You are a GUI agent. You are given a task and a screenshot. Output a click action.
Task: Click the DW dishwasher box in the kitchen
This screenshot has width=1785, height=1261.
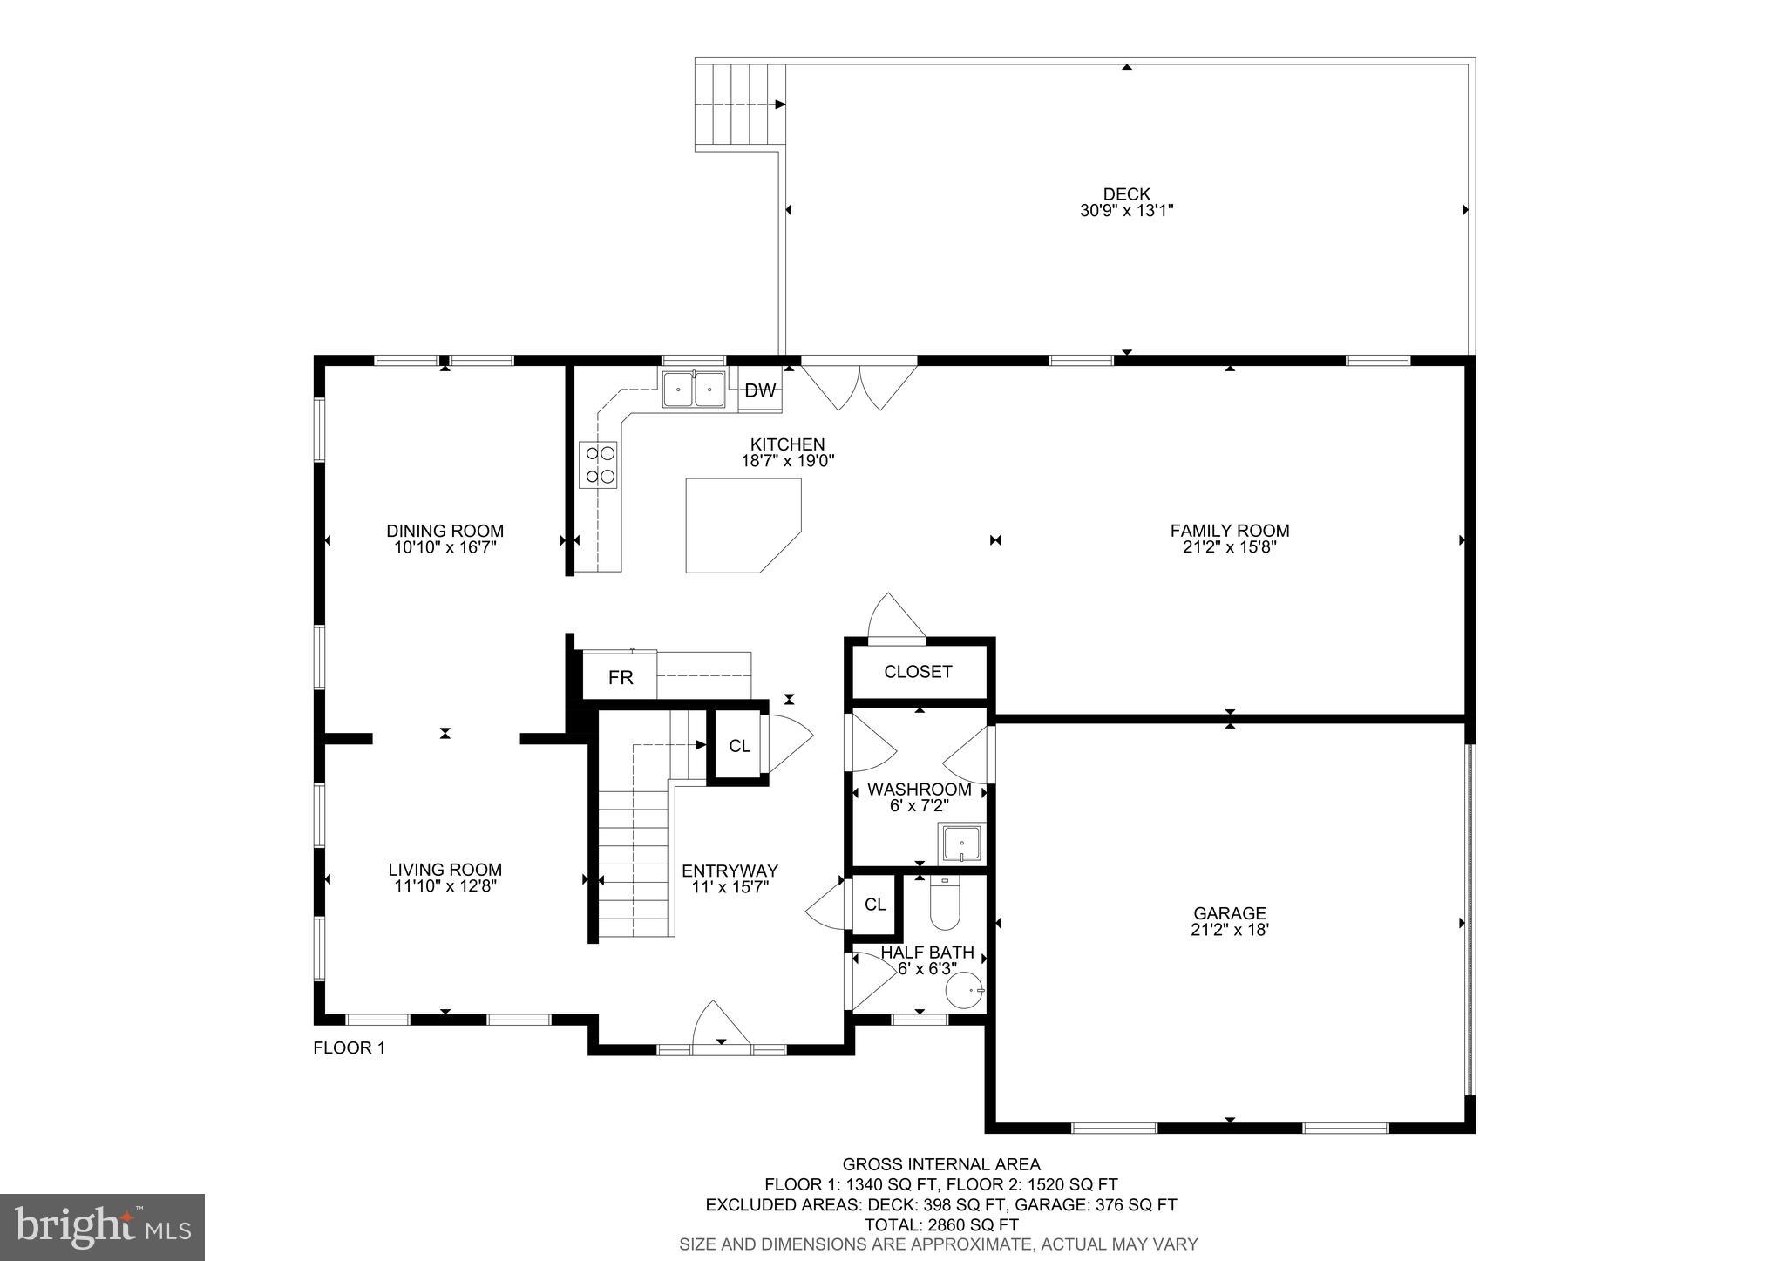tap(760, 390)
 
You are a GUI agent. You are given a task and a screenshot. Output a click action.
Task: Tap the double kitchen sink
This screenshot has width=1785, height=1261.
tap(694, 390)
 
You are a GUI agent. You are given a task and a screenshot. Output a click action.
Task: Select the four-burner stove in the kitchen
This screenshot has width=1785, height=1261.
tap(598, 464)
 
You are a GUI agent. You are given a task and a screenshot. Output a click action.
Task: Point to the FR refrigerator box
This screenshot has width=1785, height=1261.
tap(620, 677)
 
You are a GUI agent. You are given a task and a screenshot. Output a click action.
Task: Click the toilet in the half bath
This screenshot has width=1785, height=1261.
tap(944, 905)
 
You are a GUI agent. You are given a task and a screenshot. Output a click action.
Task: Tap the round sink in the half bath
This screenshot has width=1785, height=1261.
tap(964, 991)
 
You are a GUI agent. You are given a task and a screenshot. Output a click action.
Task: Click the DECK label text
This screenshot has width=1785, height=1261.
tap(1126, 194)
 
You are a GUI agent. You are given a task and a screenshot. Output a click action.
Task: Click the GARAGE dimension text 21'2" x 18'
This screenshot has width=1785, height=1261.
tap(1229, 930)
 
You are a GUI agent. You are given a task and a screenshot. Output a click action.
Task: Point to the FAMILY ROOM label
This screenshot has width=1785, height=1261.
tap(1229, 530)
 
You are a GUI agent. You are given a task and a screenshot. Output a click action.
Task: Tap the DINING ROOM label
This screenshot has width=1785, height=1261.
tap(445, 531)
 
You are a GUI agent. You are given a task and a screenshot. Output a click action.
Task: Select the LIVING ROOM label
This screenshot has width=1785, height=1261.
tap(445, 869)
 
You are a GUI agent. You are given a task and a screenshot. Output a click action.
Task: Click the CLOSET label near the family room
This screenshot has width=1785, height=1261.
tap(918, 672)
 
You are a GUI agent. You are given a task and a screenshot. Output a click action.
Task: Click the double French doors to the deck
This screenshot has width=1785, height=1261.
tap(859, 383)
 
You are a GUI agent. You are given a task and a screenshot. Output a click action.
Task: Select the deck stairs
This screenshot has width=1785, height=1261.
tap(739, 105)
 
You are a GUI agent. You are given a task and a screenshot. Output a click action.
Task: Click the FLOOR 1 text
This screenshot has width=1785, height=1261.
tap(349, 1048)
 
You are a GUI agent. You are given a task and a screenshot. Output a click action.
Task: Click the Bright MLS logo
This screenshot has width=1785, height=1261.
tap(102, 1227)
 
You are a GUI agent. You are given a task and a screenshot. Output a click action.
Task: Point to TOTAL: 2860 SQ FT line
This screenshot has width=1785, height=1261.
tap(940, 1224)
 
